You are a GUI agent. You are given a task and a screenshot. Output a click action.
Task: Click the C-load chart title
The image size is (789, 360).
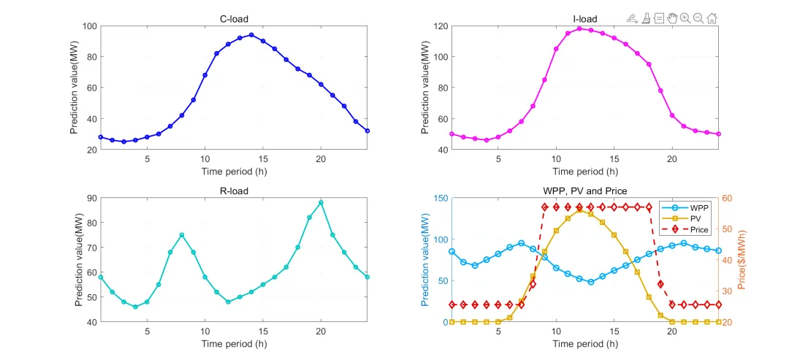234,18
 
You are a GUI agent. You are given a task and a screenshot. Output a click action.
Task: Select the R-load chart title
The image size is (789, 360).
234,191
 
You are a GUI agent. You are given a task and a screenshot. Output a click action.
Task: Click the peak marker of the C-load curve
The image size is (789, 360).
251,35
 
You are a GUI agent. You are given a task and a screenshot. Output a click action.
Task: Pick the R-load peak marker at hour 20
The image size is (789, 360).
321,202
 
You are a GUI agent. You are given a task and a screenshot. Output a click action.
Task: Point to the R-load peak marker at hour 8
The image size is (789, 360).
182,235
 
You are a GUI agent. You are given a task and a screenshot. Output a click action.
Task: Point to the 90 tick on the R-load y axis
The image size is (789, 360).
92,199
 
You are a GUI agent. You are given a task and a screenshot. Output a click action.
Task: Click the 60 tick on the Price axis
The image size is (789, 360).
728,199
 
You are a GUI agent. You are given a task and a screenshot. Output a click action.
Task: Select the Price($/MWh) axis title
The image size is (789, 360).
742,260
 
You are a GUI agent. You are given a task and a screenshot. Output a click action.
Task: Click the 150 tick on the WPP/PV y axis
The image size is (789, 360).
440,199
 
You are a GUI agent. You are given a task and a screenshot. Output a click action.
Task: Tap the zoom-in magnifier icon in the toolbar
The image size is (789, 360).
685,18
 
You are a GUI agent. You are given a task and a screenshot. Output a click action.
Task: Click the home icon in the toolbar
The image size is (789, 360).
712,18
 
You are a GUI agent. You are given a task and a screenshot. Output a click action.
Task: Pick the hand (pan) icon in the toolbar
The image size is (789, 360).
671,18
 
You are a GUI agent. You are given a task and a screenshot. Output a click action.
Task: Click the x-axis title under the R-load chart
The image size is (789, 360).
234,344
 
